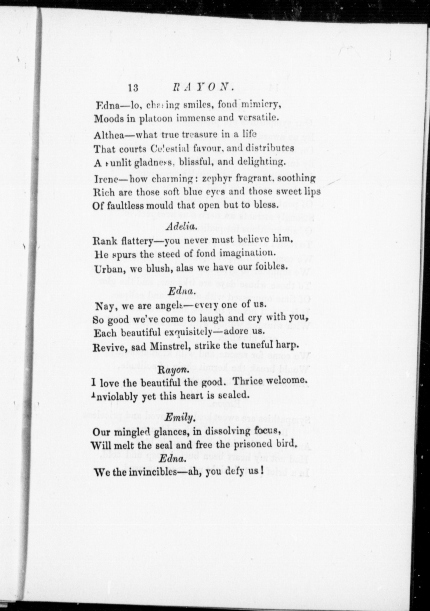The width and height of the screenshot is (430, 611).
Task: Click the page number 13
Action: [134, 88]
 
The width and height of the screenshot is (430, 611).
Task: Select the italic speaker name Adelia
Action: [181, 226]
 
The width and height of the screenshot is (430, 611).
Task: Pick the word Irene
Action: [105, 178]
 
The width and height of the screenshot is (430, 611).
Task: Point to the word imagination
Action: [246, 253]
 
